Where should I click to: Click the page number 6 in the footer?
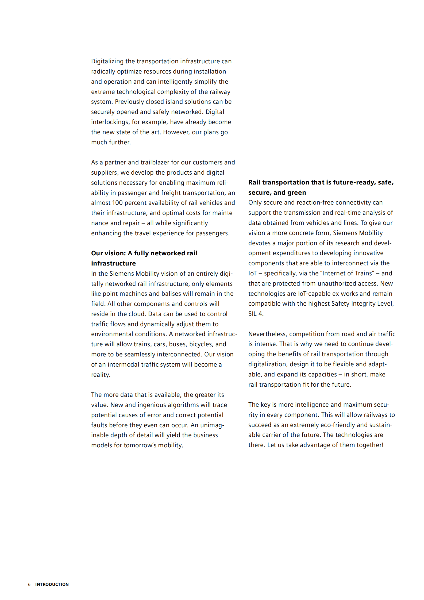(29, 584)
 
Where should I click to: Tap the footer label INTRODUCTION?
(52, 584)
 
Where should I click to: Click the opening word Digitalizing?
(107, 61)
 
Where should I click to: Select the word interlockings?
(110, 122)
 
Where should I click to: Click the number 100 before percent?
(117, 203)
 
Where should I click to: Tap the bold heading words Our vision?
(108, 253)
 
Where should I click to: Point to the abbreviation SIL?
(252, 314)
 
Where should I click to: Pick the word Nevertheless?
(267, 334)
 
